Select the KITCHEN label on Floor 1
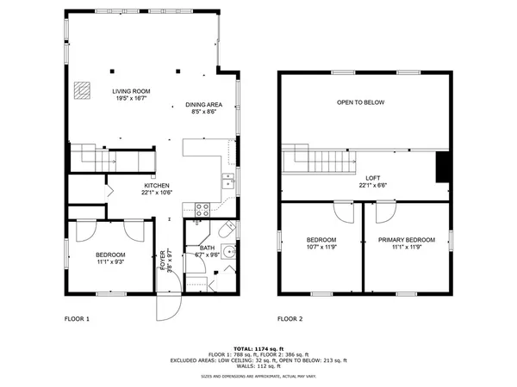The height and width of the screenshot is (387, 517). pos(156,186)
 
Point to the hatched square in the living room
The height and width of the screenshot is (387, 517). pos(82,88)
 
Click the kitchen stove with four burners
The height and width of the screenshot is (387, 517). pos(202,208)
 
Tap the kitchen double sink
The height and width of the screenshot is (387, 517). pos(228,181)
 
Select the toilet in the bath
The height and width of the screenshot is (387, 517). pos(225,230)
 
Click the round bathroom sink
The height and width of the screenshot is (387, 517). pos(227,252)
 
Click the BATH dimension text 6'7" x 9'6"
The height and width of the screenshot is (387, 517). pos(207,255)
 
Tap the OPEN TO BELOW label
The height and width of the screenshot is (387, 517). pos(360,102)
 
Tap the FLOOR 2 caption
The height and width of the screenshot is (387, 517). pos(290,319)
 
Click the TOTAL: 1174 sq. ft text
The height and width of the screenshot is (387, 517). pos(259,347)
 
